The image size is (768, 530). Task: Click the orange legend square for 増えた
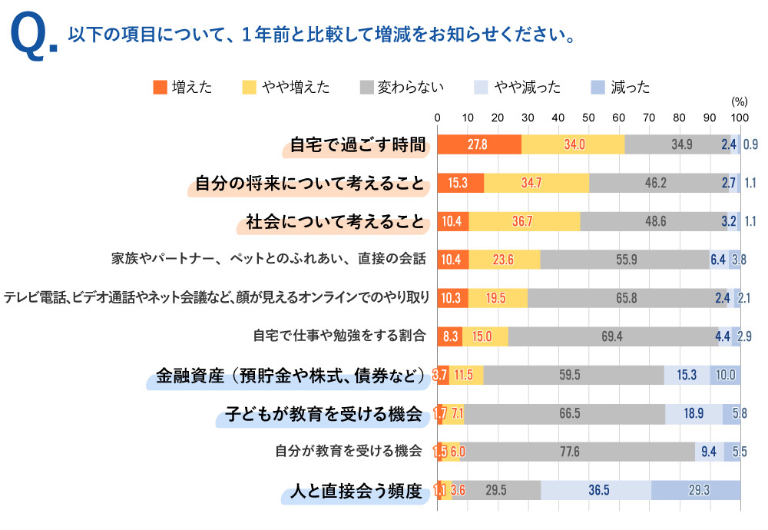(x=160, y=87)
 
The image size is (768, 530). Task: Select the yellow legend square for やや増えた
(x=249, y=87)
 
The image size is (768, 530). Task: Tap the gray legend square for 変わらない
(x=366, y=87)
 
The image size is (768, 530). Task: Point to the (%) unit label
(x=739, y=101)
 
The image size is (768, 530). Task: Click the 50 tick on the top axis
(x=589, y=118)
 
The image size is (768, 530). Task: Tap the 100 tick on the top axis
(x=739, y=118)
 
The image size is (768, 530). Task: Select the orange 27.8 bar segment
(x=479, y=144)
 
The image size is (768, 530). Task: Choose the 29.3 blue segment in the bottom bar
(x=696, y=492)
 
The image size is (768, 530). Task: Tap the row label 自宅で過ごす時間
(x=357, y=144)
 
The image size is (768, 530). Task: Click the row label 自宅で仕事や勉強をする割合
(x=338, y=336)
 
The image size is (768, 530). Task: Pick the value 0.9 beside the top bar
(x=750, y=144)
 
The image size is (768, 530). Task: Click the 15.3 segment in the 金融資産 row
(x=687, y=376)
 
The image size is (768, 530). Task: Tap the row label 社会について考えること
(x=334, y=222)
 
